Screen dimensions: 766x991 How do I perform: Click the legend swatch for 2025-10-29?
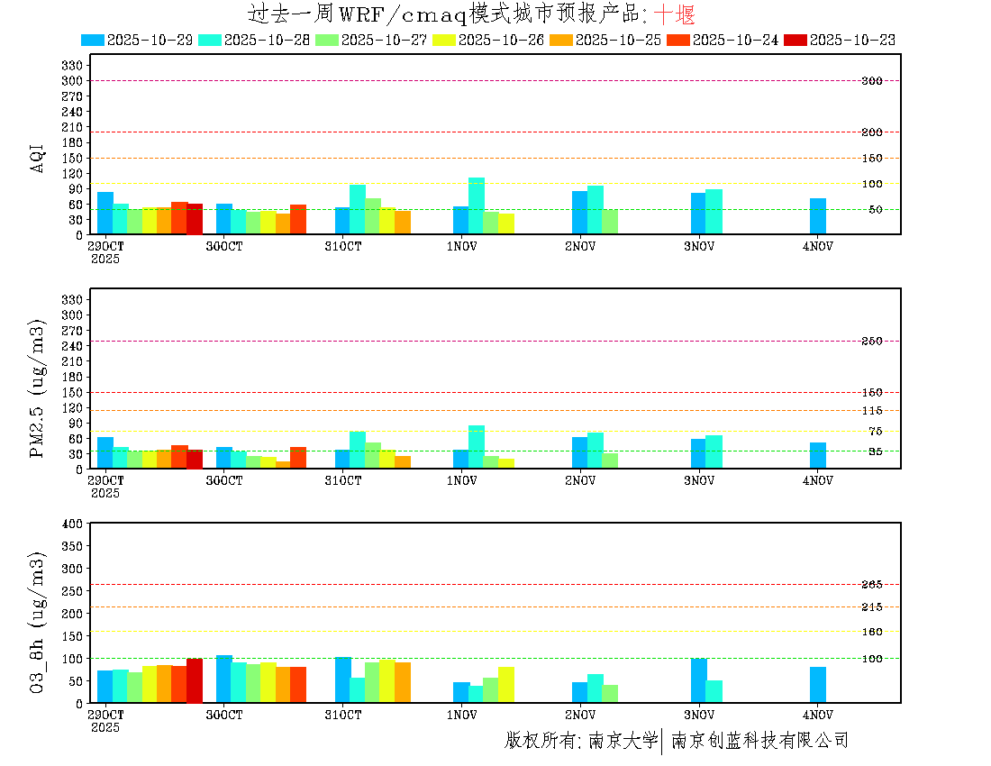click(x=93, y=40)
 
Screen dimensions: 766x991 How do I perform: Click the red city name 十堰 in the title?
click(x=674, y=14)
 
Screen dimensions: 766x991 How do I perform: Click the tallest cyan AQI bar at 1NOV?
click(x=477, y=205)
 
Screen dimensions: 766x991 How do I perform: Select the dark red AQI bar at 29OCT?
click(x=195, y=219)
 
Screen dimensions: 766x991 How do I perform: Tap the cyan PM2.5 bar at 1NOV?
click(x=477, y=447)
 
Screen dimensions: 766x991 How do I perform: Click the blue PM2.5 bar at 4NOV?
click(x=818, y=455)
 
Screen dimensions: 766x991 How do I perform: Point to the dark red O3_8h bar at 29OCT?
click(x=195, y=680)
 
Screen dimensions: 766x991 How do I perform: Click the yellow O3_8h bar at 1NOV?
click(x=506, y=684)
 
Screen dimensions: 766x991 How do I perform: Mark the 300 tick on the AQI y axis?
click(x=73, y=81)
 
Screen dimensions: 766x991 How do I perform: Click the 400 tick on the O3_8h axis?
click(x=73, y=524)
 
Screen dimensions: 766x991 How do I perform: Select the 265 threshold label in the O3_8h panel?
click(x=871, y=585)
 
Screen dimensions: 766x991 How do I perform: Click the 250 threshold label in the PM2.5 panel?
click(x=871, y=342)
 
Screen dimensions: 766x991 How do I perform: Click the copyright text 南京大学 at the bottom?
click(x=623, y=741)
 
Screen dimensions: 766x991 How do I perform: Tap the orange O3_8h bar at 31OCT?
click(x=403, y=682)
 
